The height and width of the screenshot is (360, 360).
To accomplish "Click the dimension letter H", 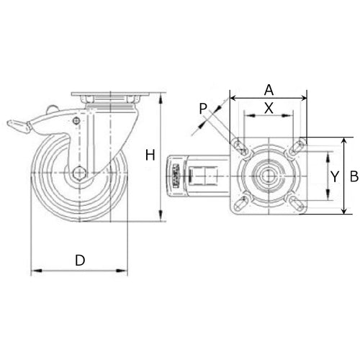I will click(150, 155).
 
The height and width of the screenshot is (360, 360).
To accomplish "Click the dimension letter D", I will click(81, 259).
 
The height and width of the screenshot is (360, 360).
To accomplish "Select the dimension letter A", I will click(269, 90).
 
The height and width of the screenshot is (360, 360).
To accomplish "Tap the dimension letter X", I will click(269, 107).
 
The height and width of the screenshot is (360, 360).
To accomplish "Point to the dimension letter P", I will click(204, 109).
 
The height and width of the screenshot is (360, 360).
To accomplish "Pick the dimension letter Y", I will click(334, 176).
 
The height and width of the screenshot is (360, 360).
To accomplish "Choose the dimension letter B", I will click(354, 175).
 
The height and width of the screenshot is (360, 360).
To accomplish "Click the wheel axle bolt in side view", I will click(79, 174).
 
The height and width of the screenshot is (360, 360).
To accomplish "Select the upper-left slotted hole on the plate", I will click(239, 148).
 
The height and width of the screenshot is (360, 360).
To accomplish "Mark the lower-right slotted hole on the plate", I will click(297, 203).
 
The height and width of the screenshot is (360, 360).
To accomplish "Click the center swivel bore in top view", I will click(268, 176).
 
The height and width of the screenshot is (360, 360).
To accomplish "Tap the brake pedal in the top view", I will click(177, 176).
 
